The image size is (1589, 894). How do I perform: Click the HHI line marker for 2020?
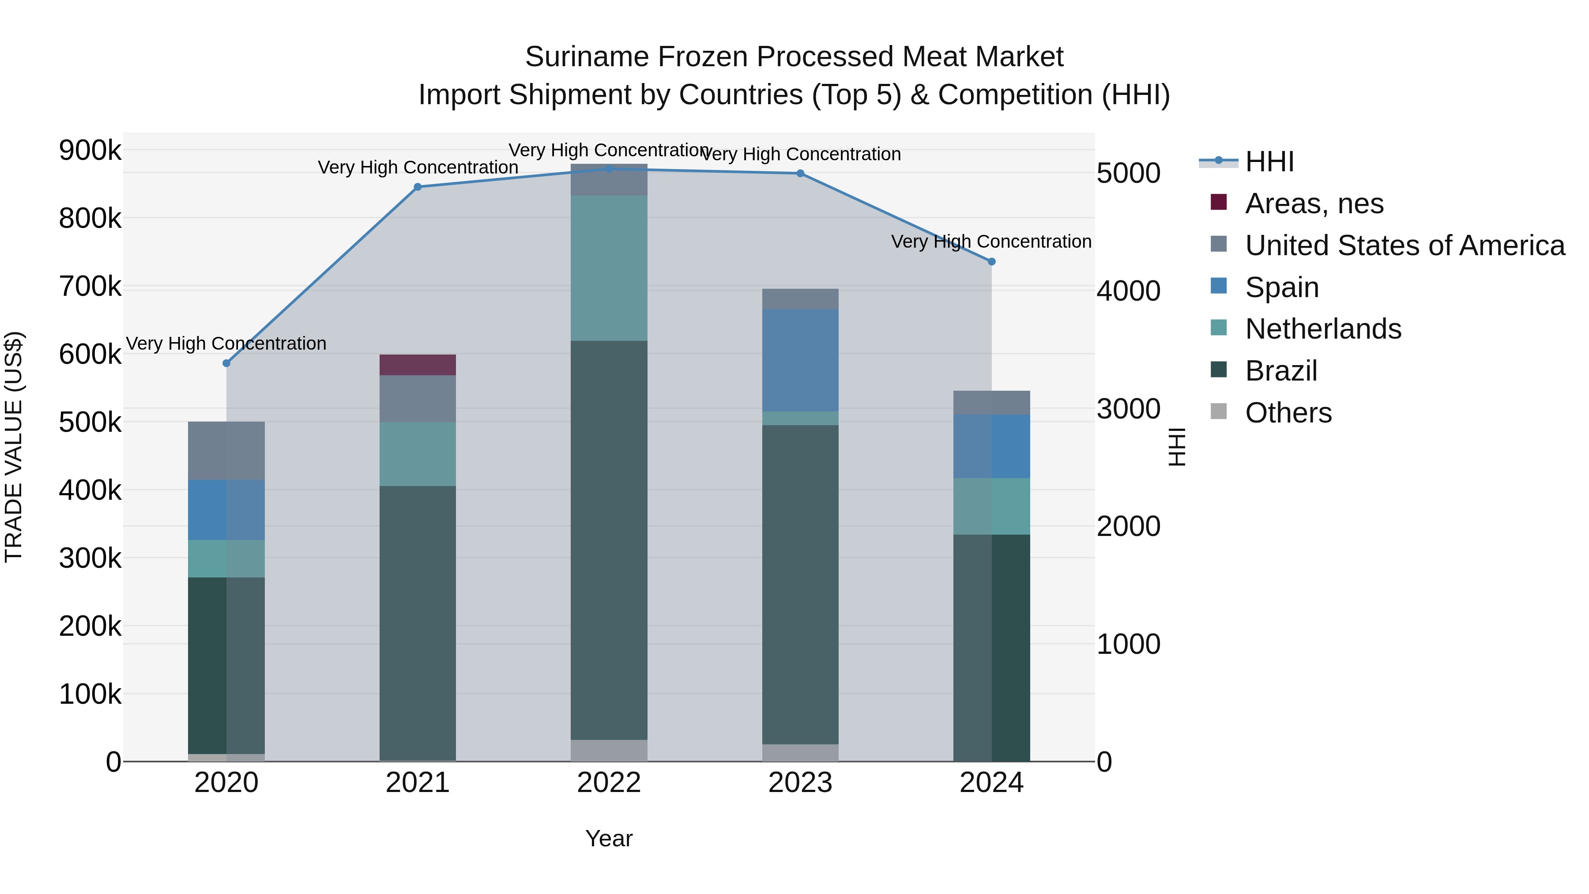tap(226, 363)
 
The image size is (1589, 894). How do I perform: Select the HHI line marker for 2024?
tap(992, 262)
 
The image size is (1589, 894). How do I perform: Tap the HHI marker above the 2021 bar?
tap(418, 187)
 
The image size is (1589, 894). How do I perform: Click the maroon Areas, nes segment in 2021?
tap(418, 365)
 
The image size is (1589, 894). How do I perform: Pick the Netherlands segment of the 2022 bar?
tap(609, 268)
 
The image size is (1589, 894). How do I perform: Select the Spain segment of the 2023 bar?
tap(800, 360)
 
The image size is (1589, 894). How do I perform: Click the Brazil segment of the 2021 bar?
tap(418, 623)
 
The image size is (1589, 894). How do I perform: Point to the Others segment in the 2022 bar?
tap(609, 750)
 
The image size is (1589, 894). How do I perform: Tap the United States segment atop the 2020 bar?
tap(226, 451)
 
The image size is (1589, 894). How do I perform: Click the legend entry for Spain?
tap(1282, 287)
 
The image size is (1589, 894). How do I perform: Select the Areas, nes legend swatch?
tap(1219, 202)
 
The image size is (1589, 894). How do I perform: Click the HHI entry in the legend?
tap(1269, 162)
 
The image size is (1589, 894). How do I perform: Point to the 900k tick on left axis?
tap(90, 150)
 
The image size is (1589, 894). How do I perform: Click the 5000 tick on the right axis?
tap(1128, 174)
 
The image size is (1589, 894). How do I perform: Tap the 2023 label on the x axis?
tap(800, 783)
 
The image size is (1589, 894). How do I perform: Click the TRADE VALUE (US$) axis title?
tap(14, 447)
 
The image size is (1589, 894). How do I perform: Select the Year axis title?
tap(609, 838)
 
